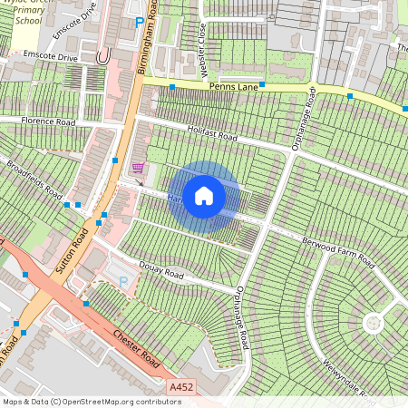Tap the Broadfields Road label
tap(34, 181)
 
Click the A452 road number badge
tap(181, 386)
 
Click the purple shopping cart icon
tap(138, 167)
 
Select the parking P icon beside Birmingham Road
tap(139, 23)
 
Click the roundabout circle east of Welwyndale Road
tap(373, 322)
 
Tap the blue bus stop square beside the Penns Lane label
tap(172, 87)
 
